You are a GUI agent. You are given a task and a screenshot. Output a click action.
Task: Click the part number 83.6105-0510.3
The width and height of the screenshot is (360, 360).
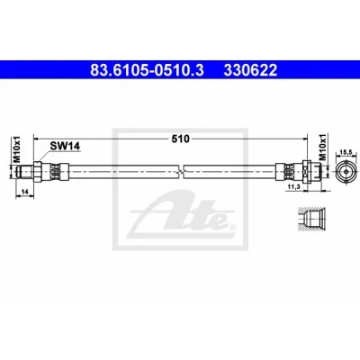[147, 71]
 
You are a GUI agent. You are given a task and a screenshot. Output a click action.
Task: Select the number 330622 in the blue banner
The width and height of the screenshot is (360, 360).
[250, 71]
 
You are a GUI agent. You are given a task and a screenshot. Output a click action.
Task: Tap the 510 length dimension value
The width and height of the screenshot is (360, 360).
[181, 139]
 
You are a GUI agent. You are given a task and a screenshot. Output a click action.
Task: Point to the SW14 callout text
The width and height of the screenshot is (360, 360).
[65, 146]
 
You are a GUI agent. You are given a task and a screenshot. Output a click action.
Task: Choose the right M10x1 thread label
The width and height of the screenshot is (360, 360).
[322, 148]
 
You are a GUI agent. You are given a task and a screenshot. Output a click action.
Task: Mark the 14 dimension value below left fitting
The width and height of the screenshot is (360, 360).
[25, 191]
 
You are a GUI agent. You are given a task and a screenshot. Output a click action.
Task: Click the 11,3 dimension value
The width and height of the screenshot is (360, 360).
[292, 186]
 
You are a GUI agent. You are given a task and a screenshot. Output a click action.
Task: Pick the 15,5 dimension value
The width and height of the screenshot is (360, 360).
[346, 152]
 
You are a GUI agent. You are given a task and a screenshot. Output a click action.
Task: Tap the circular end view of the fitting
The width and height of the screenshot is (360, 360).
[346, 172]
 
